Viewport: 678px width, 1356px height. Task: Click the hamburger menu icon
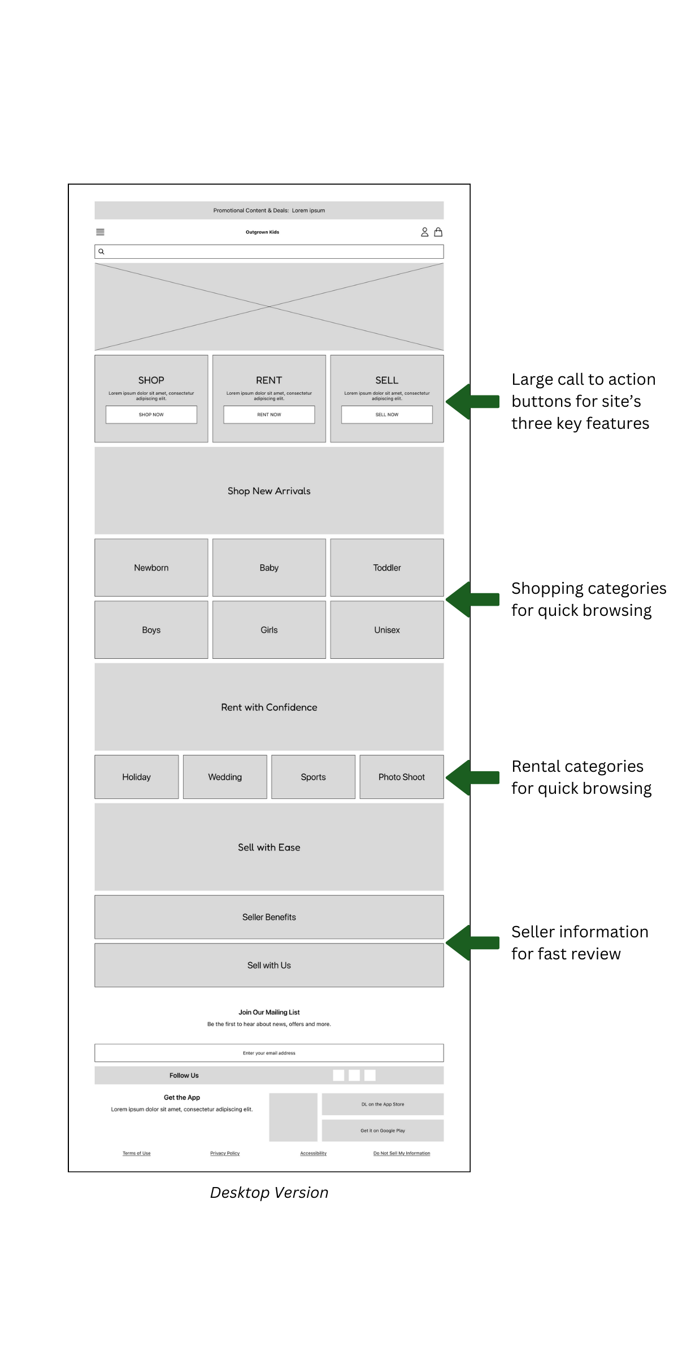click(100, 232)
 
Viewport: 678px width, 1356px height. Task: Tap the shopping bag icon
click(438, 232)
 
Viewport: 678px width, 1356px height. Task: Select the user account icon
click(424, 232)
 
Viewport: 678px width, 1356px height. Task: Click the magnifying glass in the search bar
click(102, 251)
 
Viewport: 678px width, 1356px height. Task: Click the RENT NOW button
click(269, 414)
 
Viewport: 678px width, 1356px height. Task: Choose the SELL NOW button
click(386, 414)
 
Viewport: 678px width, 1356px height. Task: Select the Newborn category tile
click(151, 567)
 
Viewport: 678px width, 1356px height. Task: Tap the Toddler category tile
click(386, 567)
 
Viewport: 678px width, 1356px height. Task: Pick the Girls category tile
click(269, 629)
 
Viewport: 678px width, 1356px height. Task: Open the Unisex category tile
click(386, 629)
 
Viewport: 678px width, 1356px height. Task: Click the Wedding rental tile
click(225, 777)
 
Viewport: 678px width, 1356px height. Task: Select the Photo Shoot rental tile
click(401, 777)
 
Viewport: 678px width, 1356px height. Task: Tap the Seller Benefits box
click(269, 917)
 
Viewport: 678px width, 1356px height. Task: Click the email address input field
click(269, 1053)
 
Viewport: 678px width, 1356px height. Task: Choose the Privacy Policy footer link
click(225, 1153)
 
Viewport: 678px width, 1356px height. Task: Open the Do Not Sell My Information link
click(401, 1153)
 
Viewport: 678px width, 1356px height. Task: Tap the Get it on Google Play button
click(383, 1131)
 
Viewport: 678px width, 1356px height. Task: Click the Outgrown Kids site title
click(262, 232)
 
